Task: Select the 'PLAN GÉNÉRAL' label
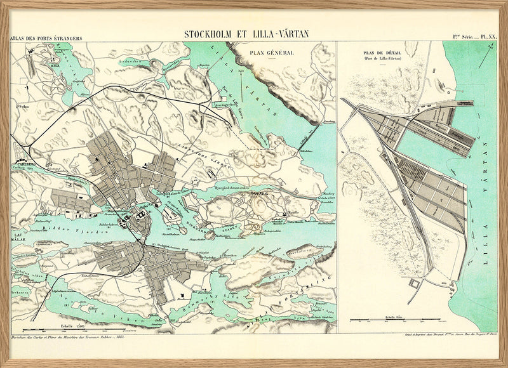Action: pyautogui.click(x=272, y=53)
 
